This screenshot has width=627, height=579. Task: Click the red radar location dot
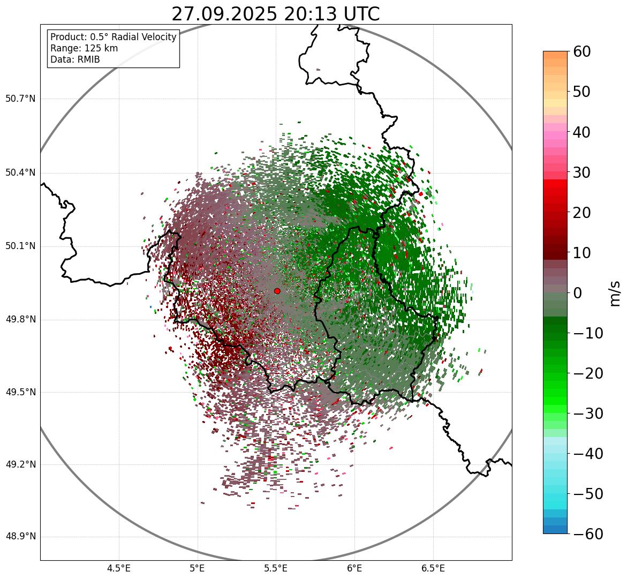[277, 291]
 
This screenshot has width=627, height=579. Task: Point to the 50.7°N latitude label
[20, 99]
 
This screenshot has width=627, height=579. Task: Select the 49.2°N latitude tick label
[20, 464]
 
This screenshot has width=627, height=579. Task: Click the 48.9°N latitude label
[20, 537]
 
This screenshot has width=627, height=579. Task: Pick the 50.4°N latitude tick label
[20, 173]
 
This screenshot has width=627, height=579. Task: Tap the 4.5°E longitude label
[119, 568]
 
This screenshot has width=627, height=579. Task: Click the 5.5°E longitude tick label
[276, 568]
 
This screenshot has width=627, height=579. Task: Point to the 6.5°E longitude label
[433, 568]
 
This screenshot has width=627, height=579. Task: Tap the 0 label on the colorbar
[578, 293]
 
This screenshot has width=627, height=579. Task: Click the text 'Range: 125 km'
[84, 48]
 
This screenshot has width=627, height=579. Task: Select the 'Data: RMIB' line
[75, 59]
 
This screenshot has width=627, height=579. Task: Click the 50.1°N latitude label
[20, 246]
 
